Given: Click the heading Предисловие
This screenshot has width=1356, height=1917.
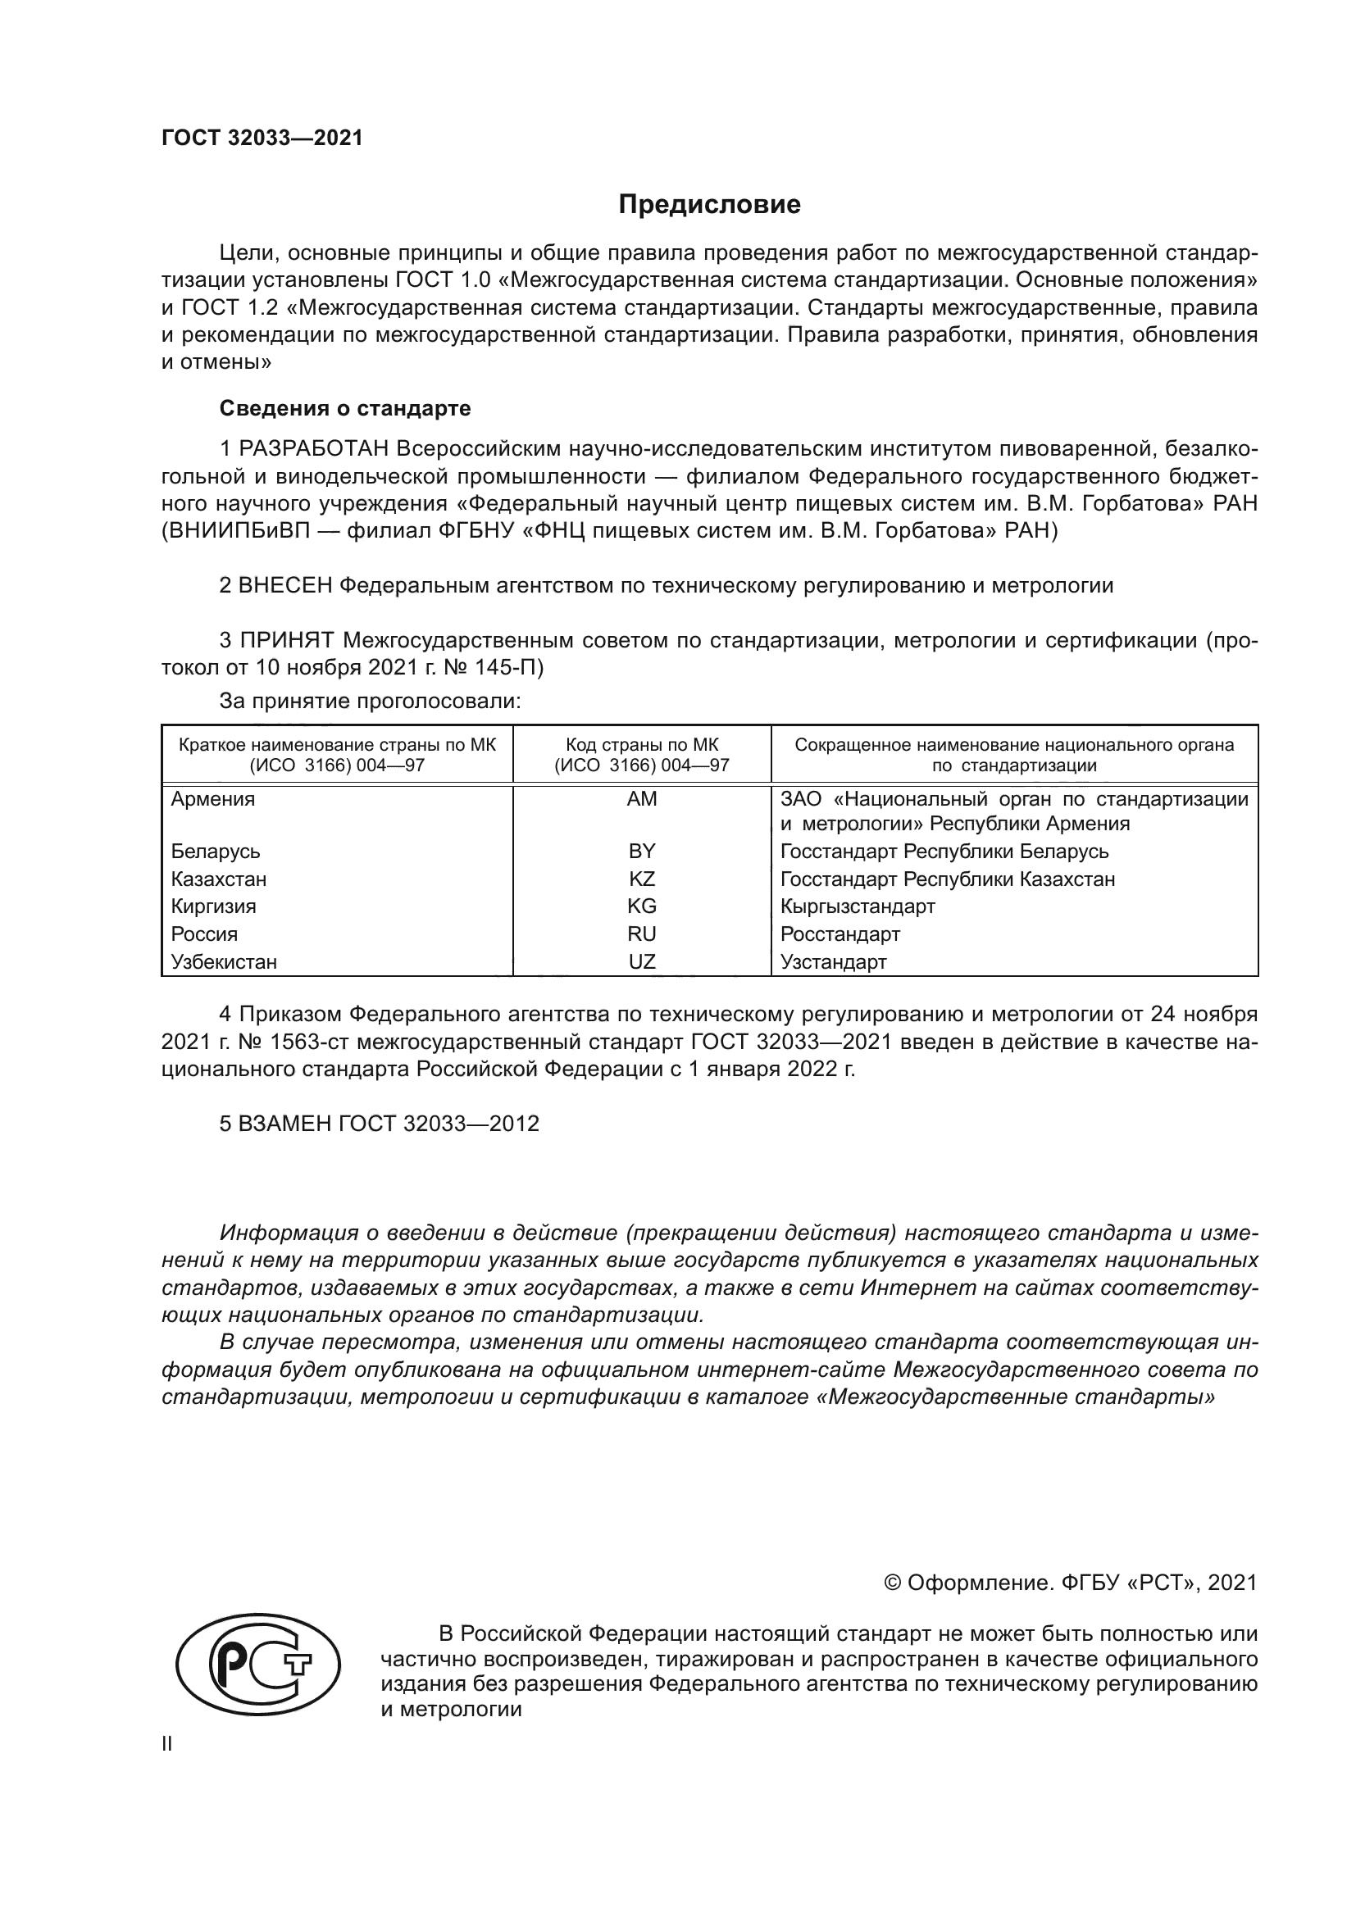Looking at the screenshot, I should coord(709,205).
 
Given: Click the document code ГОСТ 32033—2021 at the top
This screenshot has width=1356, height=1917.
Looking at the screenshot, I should coord(262,139).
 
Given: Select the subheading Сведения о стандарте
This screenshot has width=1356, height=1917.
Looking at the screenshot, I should coord(345,408).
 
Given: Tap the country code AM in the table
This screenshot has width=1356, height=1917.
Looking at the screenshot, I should coord(641,799).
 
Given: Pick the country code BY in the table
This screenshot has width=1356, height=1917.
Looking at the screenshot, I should coord(641,851).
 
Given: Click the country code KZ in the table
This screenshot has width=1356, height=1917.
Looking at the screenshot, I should coord(641,879).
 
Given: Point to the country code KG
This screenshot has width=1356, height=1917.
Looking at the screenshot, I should coord(641,906).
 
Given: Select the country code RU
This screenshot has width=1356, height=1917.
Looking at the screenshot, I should coord(641,934).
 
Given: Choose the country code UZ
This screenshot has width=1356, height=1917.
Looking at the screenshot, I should coord(641,961).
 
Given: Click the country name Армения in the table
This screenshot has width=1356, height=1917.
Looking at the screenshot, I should coord(213,799).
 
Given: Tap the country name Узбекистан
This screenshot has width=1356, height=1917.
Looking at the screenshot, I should coord(224,961).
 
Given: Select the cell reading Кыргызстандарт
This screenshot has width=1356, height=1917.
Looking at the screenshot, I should coord(858,906).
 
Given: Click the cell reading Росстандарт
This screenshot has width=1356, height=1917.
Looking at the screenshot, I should coord(840,934).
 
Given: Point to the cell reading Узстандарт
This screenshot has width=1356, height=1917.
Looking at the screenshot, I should coord(833,961).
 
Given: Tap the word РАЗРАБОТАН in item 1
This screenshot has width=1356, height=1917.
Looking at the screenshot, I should coord(314,449).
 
